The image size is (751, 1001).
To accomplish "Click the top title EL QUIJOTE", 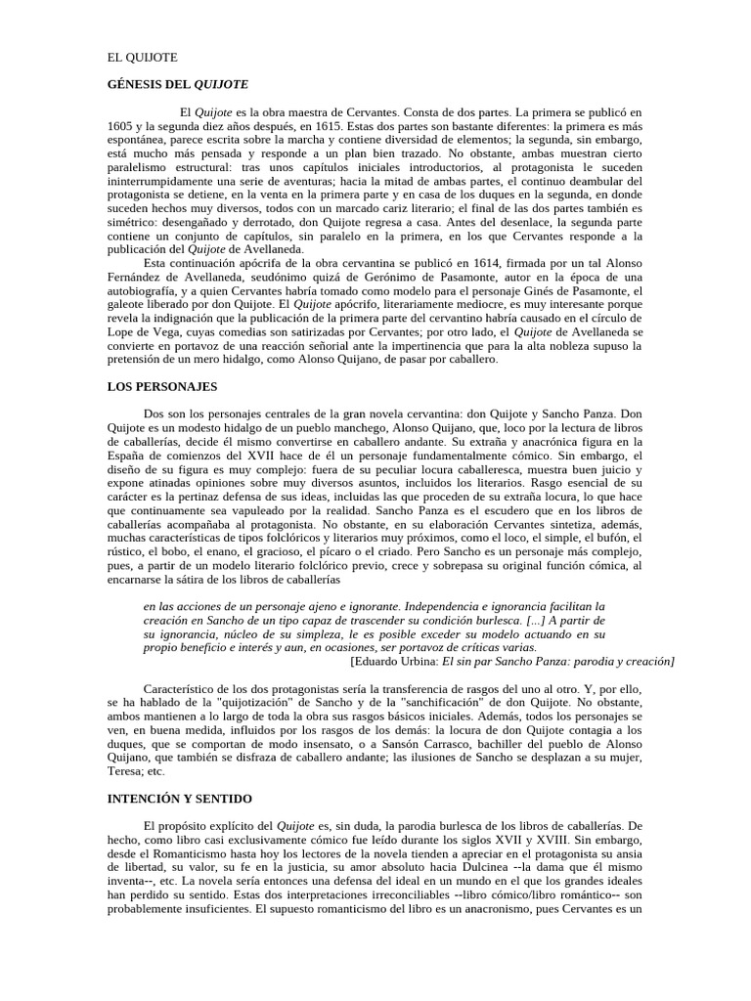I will pyautogui.click(x=142, y=58).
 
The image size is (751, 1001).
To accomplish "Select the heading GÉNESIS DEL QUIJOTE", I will pyautogui.click(x=177, y=85).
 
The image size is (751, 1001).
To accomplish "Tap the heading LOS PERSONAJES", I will pyautogui.click(x=161, y=387).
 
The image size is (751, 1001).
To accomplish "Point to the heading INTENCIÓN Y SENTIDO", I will pyautogui.click(x=180, y=799).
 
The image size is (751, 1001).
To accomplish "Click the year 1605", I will pyautogui.click(x=120, y=127).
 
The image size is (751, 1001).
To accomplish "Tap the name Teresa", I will pyautogui.click(x=126, y=770).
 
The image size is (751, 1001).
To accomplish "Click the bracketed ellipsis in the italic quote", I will pyautogui.click(x=532, y=620).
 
